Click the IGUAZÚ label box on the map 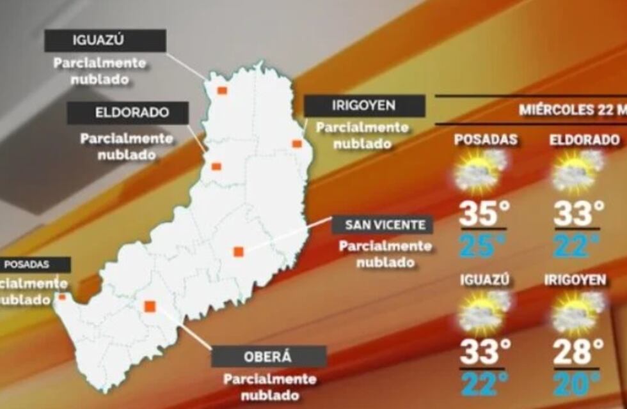coord(105,41)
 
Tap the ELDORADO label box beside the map coord(128,113)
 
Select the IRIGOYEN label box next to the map coord(364,105)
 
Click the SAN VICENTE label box coord(382,225)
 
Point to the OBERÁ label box coord(269,356)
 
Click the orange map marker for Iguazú coord(222,91)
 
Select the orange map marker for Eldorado coord(216,167)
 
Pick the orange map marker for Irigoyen coord(297,144)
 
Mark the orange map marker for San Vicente coord(238,252)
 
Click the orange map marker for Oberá coord(150,307)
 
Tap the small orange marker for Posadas coord(62,297)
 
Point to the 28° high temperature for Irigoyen coord(578,351)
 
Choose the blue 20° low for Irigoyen coord(578,384)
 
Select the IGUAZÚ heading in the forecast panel coord(484,280)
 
